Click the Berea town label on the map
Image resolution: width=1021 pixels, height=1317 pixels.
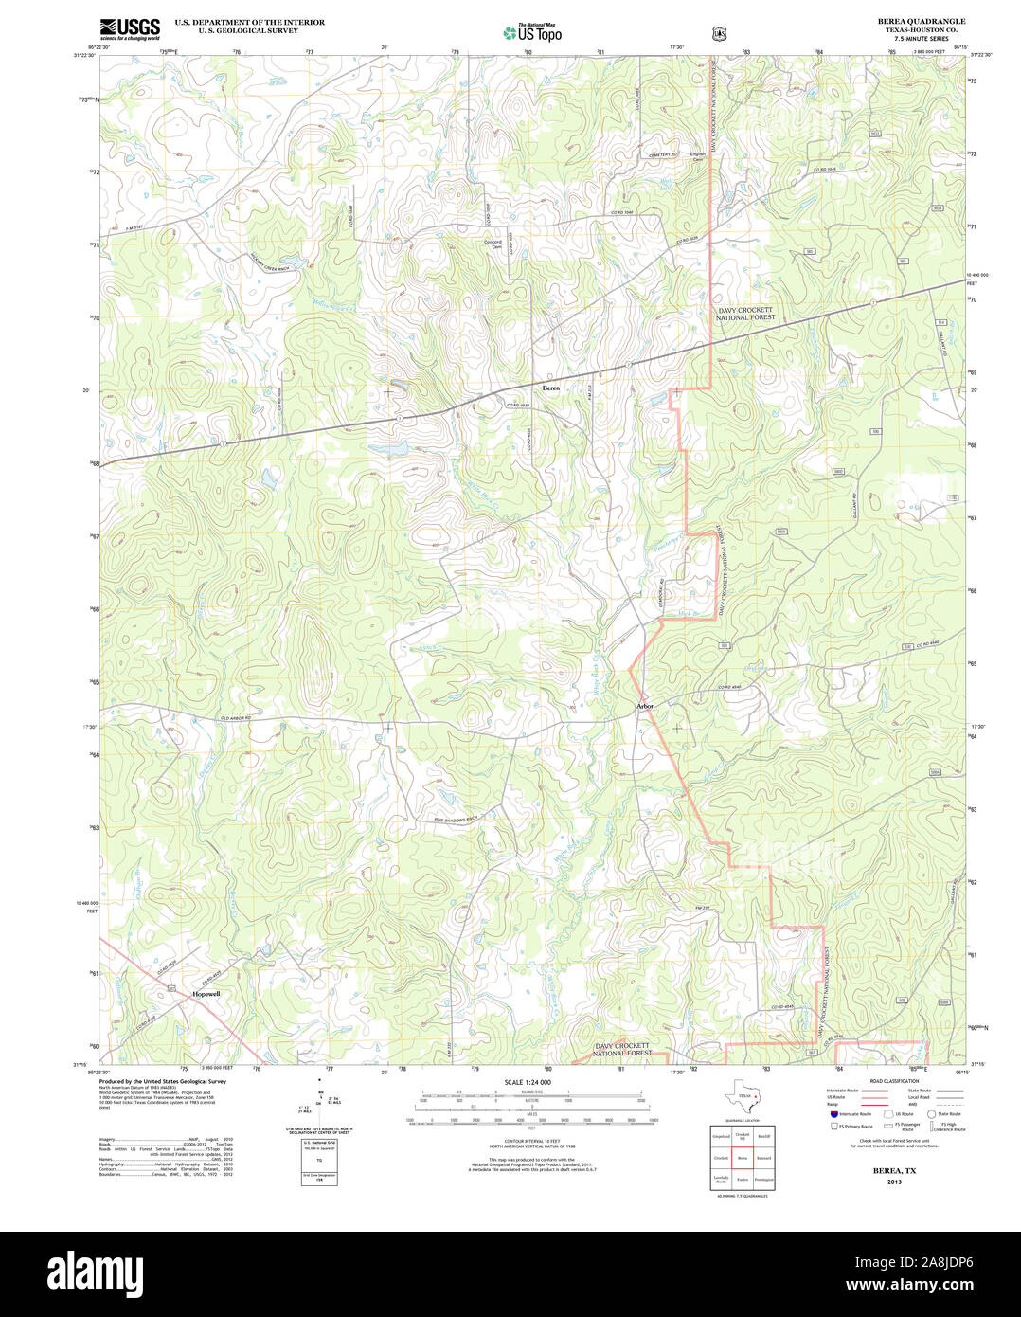(x=550, y=388)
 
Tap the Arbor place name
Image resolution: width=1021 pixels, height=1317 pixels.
(x=645, y=706)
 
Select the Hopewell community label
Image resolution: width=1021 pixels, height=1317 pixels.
(x=206, y=994)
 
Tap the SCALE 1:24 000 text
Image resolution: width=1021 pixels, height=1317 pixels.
(x=528, y=1082)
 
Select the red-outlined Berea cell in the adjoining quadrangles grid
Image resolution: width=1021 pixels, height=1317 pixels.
(x=743, y=1158)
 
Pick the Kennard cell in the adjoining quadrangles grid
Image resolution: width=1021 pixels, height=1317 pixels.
(x=764, y=1158)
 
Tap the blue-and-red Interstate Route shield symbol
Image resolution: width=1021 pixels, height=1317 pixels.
(x=833, y=1114)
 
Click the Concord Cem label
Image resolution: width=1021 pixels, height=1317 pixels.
(x=493, y=244)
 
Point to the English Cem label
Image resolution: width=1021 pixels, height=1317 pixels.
(x=698, y=156)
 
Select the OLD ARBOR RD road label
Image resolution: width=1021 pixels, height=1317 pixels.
(x=234, y=719)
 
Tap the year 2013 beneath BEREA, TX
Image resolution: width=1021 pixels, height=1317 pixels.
(x=894, y=1182)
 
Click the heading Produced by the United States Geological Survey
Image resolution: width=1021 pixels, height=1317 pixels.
(x=162, y=1081)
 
